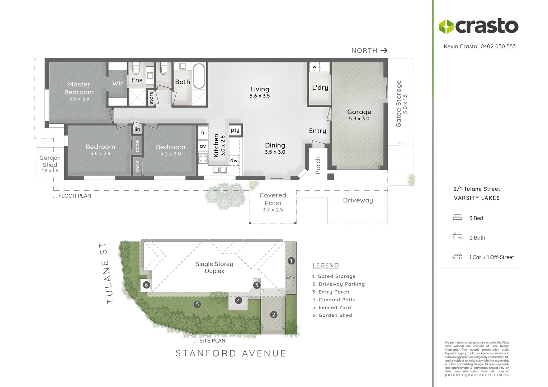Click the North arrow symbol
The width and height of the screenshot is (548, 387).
(x=384, y=51)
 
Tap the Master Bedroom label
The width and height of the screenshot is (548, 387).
(x=79, y=88)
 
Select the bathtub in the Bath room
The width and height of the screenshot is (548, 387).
(x=199, y=76)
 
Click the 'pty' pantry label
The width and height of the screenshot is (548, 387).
(x=235, y=130)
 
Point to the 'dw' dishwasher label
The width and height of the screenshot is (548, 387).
(x=234, y=161)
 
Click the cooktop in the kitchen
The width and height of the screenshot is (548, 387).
(x=203, y=158)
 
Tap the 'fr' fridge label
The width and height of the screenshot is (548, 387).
(x=203, y=133)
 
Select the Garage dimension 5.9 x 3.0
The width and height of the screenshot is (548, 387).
(x=359, y=119)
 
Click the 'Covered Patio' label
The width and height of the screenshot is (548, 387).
(x=273, y=199)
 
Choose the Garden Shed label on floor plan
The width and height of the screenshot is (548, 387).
(x=50, y=161)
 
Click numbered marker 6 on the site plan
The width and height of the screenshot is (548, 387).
(x=146, y=285)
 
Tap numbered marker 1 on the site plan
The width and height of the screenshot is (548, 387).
(x=291, y=261)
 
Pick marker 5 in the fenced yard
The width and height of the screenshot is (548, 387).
(x=197, y=304)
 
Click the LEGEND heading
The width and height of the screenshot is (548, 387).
(x=325, y=266)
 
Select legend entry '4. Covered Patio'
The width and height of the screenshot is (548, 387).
(x=334, y=300)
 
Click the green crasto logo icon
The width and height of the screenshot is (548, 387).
(x=446, y=27)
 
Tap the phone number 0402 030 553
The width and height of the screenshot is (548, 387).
(x=498, y=46)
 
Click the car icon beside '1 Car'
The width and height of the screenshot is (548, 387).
(x=457, y=257)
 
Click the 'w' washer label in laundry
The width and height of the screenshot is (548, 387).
(x=314, y=67)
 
